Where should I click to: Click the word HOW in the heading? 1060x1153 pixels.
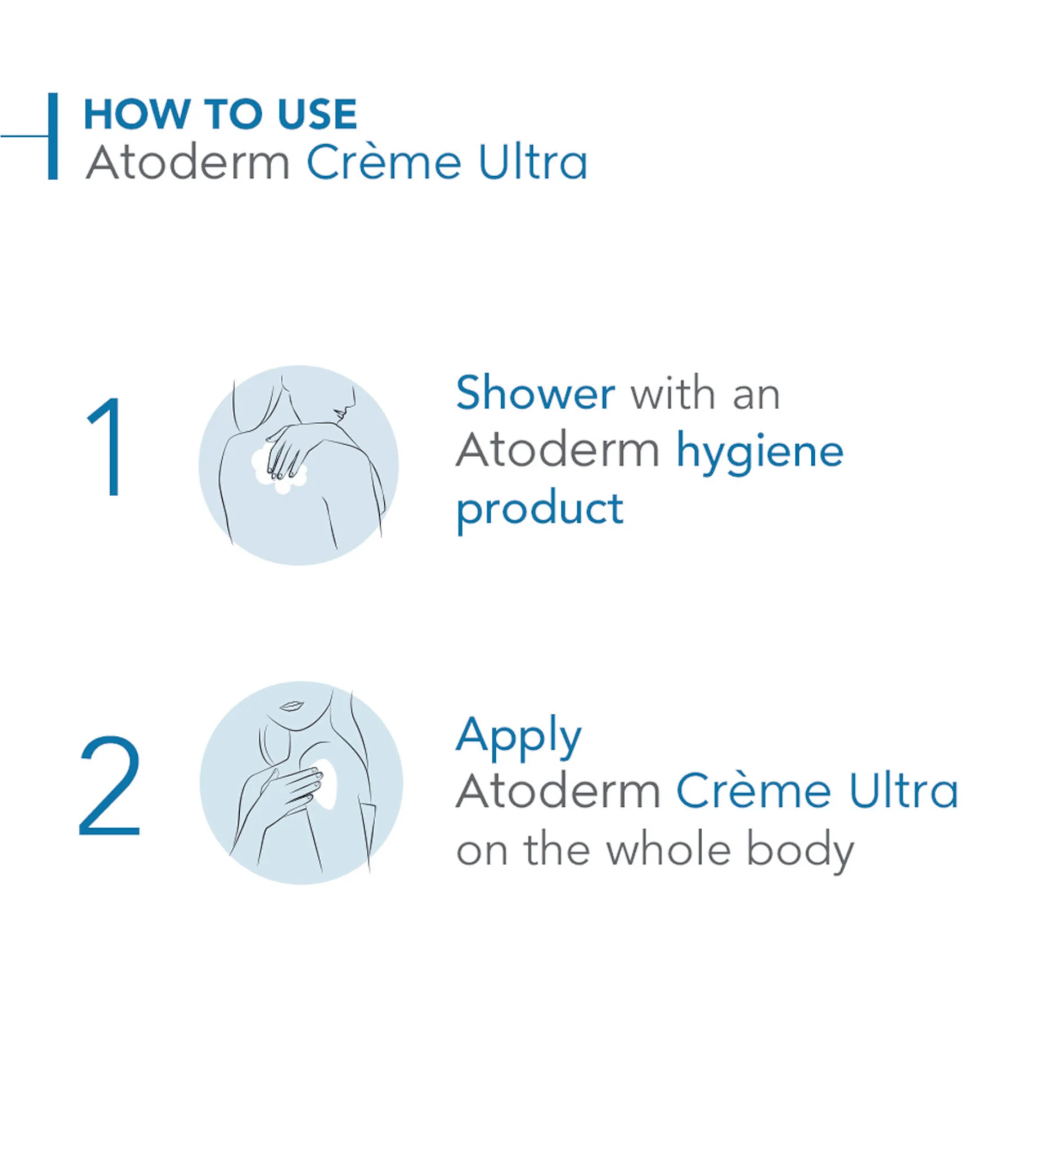click(136, 114)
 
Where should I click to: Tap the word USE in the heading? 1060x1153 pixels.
click(317, 114)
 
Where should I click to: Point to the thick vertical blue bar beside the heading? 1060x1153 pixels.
click(53, 136)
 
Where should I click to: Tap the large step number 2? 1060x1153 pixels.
click(109, 785)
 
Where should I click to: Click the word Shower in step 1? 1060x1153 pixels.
click(536, 393)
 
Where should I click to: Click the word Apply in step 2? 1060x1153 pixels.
click(519, 737)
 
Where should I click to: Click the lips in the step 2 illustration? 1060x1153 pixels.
click(292, 706)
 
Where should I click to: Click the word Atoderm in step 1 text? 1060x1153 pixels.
click(558, 450)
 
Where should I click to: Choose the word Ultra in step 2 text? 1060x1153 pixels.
click(904, 792)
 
